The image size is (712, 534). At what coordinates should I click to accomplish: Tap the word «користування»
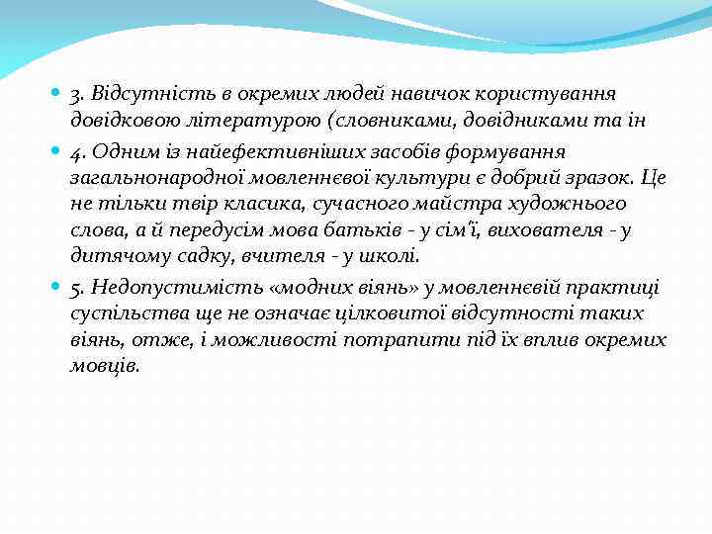pyautogui.click(x=540, y=94)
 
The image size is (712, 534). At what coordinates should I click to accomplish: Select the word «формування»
pyautogui.click(x=506, y=151)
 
